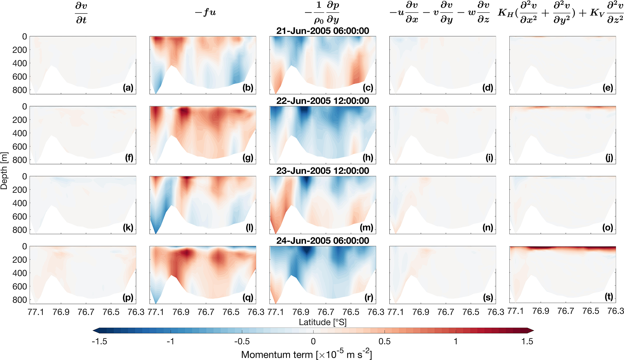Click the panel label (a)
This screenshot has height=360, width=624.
coord(128,88)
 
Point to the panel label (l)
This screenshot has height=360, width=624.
coord(249,228)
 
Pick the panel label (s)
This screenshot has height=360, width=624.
coord(488,298)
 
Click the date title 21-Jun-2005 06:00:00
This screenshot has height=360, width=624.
coord(323,31)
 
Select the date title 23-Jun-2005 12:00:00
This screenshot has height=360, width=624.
coord(323,171)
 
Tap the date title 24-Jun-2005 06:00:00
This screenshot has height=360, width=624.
coord(323,241)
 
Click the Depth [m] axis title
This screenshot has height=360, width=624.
coord(4,170)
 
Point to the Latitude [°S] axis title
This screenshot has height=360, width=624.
coord(323,322)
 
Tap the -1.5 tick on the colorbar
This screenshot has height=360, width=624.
coord(99,341)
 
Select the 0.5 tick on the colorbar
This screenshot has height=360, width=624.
coord(384,341)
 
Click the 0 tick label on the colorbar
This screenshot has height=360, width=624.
coord(313,341)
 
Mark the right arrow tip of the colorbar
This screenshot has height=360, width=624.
coord(534,330)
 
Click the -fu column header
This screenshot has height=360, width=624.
coord(205,13)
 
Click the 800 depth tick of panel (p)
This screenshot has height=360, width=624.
coord(19,300)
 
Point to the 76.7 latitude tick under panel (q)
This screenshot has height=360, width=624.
coord(206,312)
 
